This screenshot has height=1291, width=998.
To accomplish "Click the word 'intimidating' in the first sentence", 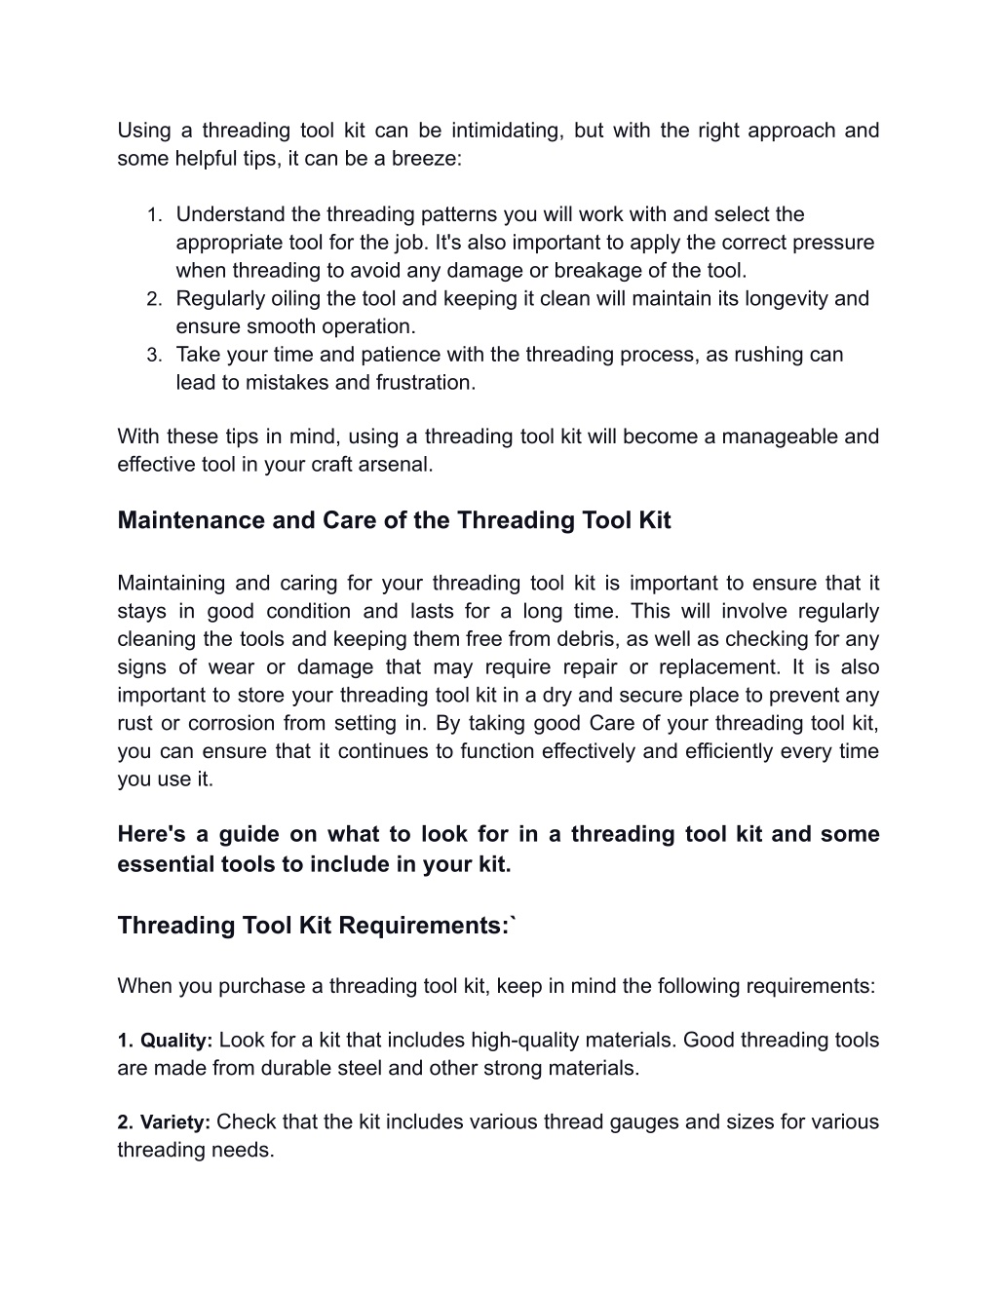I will coord(506,131).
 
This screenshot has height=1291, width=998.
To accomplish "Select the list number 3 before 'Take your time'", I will coord(153,356).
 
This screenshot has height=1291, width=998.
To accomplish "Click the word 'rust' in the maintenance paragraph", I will coord(134,723).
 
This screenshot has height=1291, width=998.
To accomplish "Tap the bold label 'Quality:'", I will coord(176,1042).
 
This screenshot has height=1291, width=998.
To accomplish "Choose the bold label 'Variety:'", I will coord(175,1123).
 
